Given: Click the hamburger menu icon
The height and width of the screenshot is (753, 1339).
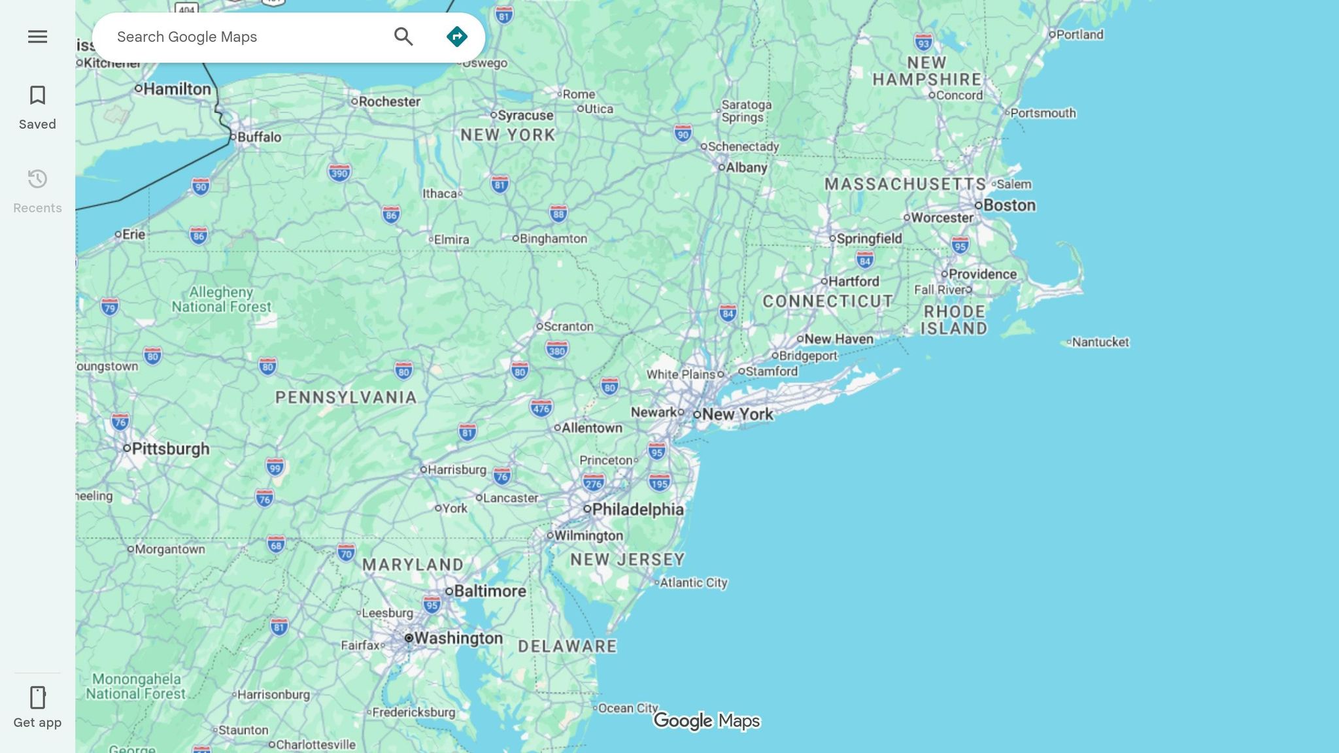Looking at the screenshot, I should coord(37,37).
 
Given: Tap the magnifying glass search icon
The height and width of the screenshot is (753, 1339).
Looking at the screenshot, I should coord(403,37).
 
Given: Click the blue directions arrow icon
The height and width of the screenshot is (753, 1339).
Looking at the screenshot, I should coord(456,37).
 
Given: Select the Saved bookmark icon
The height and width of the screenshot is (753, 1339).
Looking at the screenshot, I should coord(37,95).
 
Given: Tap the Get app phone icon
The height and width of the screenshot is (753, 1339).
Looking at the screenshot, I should coord(37,697).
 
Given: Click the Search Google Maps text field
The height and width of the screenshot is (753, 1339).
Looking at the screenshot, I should coord(248,37).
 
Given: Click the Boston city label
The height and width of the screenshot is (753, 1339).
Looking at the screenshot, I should coord(1009,205).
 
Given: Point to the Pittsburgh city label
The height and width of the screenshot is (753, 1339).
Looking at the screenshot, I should coord(170,448).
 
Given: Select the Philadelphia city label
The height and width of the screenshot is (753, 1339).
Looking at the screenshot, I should coord(637,509).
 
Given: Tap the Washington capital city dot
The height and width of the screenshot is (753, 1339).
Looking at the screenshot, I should coord(409,638).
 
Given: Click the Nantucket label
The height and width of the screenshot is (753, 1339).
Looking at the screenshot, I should coord(1100,342).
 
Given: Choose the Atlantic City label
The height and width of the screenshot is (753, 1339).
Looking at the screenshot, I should coord(693,582).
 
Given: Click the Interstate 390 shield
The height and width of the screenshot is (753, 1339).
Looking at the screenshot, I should coord(339,173).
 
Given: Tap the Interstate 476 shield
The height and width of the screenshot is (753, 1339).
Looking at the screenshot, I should coord(541,409).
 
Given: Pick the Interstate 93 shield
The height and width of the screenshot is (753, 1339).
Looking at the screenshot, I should coord(923,43).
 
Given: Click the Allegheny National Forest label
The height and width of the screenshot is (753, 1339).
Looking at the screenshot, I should coord(221,299).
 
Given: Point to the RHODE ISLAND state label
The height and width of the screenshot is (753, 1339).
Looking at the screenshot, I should coord(954,320).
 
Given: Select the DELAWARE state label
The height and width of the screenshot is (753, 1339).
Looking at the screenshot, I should coord(568,646).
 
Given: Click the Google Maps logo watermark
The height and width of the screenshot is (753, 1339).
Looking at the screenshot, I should coord(707,720).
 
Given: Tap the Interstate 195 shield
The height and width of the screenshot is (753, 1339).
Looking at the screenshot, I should coord(659,483).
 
